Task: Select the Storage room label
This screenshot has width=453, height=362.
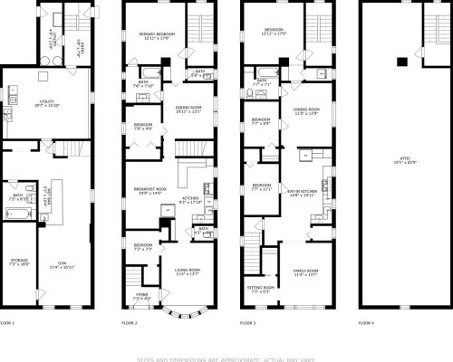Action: (18, 262)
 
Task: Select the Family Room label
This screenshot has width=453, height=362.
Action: (306, 272)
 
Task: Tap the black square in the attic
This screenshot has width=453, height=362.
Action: (399, 62)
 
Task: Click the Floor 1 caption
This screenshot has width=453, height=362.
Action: (7, 323)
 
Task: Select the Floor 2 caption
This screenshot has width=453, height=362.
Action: (129, 323)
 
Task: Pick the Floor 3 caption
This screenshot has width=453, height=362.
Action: (247, 323)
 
